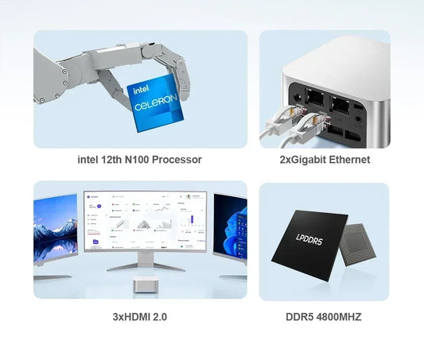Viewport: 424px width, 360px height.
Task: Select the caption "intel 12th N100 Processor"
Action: tap(139, 160)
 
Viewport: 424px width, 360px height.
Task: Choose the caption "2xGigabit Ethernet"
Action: tap(325, 160)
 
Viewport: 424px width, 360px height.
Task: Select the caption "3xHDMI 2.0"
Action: tap(139, 317)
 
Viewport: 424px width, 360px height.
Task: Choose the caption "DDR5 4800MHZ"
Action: tap(324, 317)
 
